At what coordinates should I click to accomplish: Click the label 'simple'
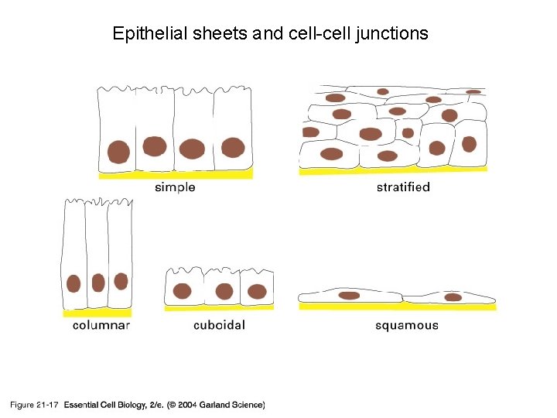[175, 187]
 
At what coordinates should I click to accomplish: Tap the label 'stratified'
[403, 187]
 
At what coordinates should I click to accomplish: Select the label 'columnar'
[101, 325]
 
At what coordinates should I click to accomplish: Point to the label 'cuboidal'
[219, 325]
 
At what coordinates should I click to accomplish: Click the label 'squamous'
[407, 325]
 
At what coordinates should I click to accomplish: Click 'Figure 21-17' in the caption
[35, 404]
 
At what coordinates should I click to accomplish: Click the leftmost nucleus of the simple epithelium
[118, 151]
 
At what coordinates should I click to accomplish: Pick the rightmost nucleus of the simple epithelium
[233, 147]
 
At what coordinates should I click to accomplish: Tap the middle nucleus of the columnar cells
[98, 283]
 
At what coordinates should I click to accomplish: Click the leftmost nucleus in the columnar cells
[74, 283]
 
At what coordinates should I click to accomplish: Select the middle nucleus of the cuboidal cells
[224, 292]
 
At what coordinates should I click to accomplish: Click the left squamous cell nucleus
[350, 295]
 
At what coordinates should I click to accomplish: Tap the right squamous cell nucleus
[453, 296]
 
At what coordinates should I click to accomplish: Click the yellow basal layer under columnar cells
[97, 313]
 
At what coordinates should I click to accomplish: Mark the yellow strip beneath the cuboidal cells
[219, 308]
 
